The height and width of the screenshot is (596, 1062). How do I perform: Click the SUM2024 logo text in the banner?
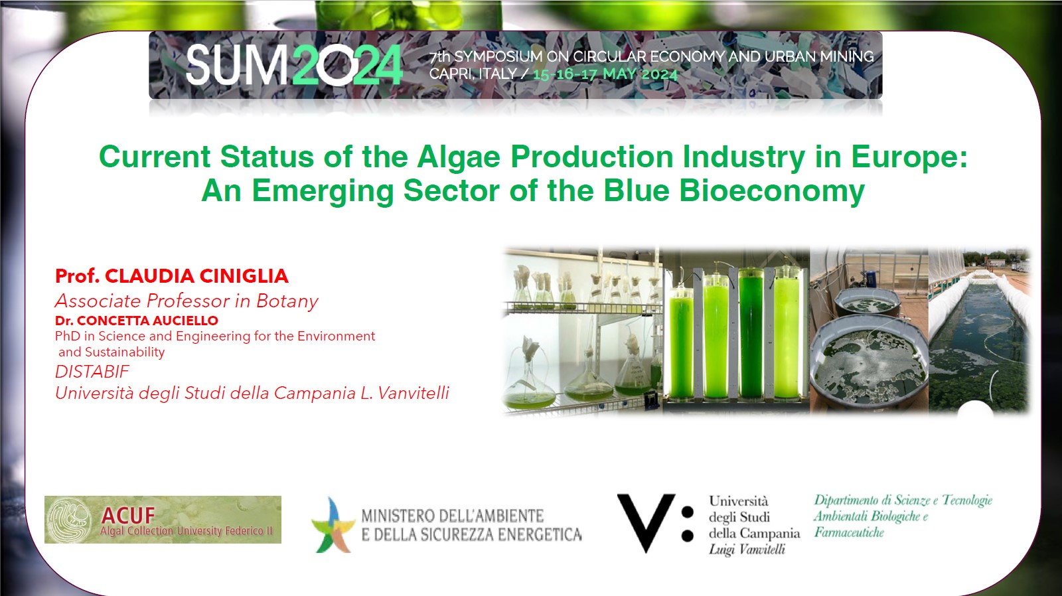point(294,65)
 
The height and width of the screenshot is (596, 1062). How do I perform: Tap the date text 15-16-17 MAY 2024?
point(605,74)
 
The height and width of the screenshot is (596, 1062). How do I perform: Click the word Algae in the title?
point(459,157)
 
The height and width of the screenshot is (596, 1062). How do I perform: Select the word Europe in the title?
point(909,157)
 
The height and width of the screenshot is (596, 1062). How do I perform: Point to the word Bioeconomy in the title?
point(772,191)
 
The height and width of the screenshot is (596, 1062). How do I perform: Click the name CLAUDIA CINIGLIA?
point(196,276)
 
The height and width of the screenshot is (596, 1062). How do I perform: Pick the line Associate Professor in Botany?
point(187,301)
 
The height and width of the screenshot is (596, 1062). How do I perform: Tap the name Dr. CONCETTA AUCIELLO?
point(137,321)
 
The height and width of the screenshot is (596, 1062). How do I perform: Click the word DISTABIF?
point(92,372)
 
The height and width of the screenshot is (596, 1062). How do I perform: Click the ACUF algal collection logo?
point(163,520)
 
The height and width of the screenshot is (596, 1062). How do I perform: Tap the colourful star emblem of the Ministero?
point(333,524)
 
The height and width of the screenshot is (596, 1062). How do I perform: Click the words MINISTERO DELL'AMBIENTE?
point(452,516)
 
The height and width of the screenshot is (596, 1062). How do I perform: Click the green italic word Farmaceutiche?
point(849,533)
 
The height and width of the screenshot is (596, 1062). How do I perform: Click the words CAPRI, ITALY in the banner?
point(473,74)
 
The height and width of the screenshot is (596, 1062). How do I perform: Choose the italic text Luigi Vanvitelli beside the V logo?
point(747,550)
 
